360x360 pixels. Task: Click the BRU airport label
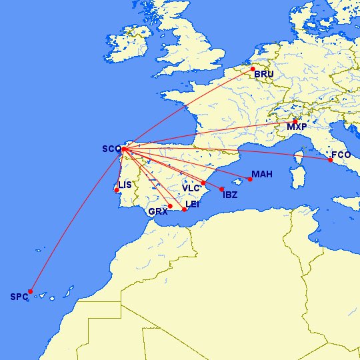coord(264,74)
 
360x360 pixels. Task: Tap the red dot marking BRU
coord(253,69)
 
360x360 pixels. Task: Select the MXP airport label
coord(296,127)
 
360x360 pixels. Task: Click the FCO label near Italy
coord(341,155)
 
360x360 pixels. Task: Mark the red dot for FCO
coord(330,160)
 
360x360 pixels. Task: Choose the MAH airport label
coord(262,175)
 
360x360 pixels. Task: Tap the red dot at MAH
coord(250,179)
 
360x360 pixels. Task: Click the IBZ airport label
coord(229,195)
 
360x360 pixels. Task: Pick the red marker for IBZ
coord(221,189)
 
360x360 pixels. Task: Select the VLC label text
coord(191,188)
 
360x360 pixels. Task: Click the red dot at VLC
coord(203,183)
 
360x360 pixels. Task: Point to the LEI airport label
coord(192,204)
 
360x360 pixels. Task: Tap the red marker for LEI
coord(185,209)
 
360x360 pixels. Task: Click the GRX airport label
coord(158,211)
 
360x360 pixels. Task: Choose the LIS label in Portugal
coord(125,185)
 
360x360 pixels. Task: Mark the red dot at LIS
coord(117,190)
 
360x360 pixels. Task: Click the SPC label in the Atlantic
coord(19,297)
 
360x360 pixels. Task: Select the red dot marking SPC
coord(31,291)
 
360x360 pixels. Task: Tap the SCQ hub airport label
coord(111,149)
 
